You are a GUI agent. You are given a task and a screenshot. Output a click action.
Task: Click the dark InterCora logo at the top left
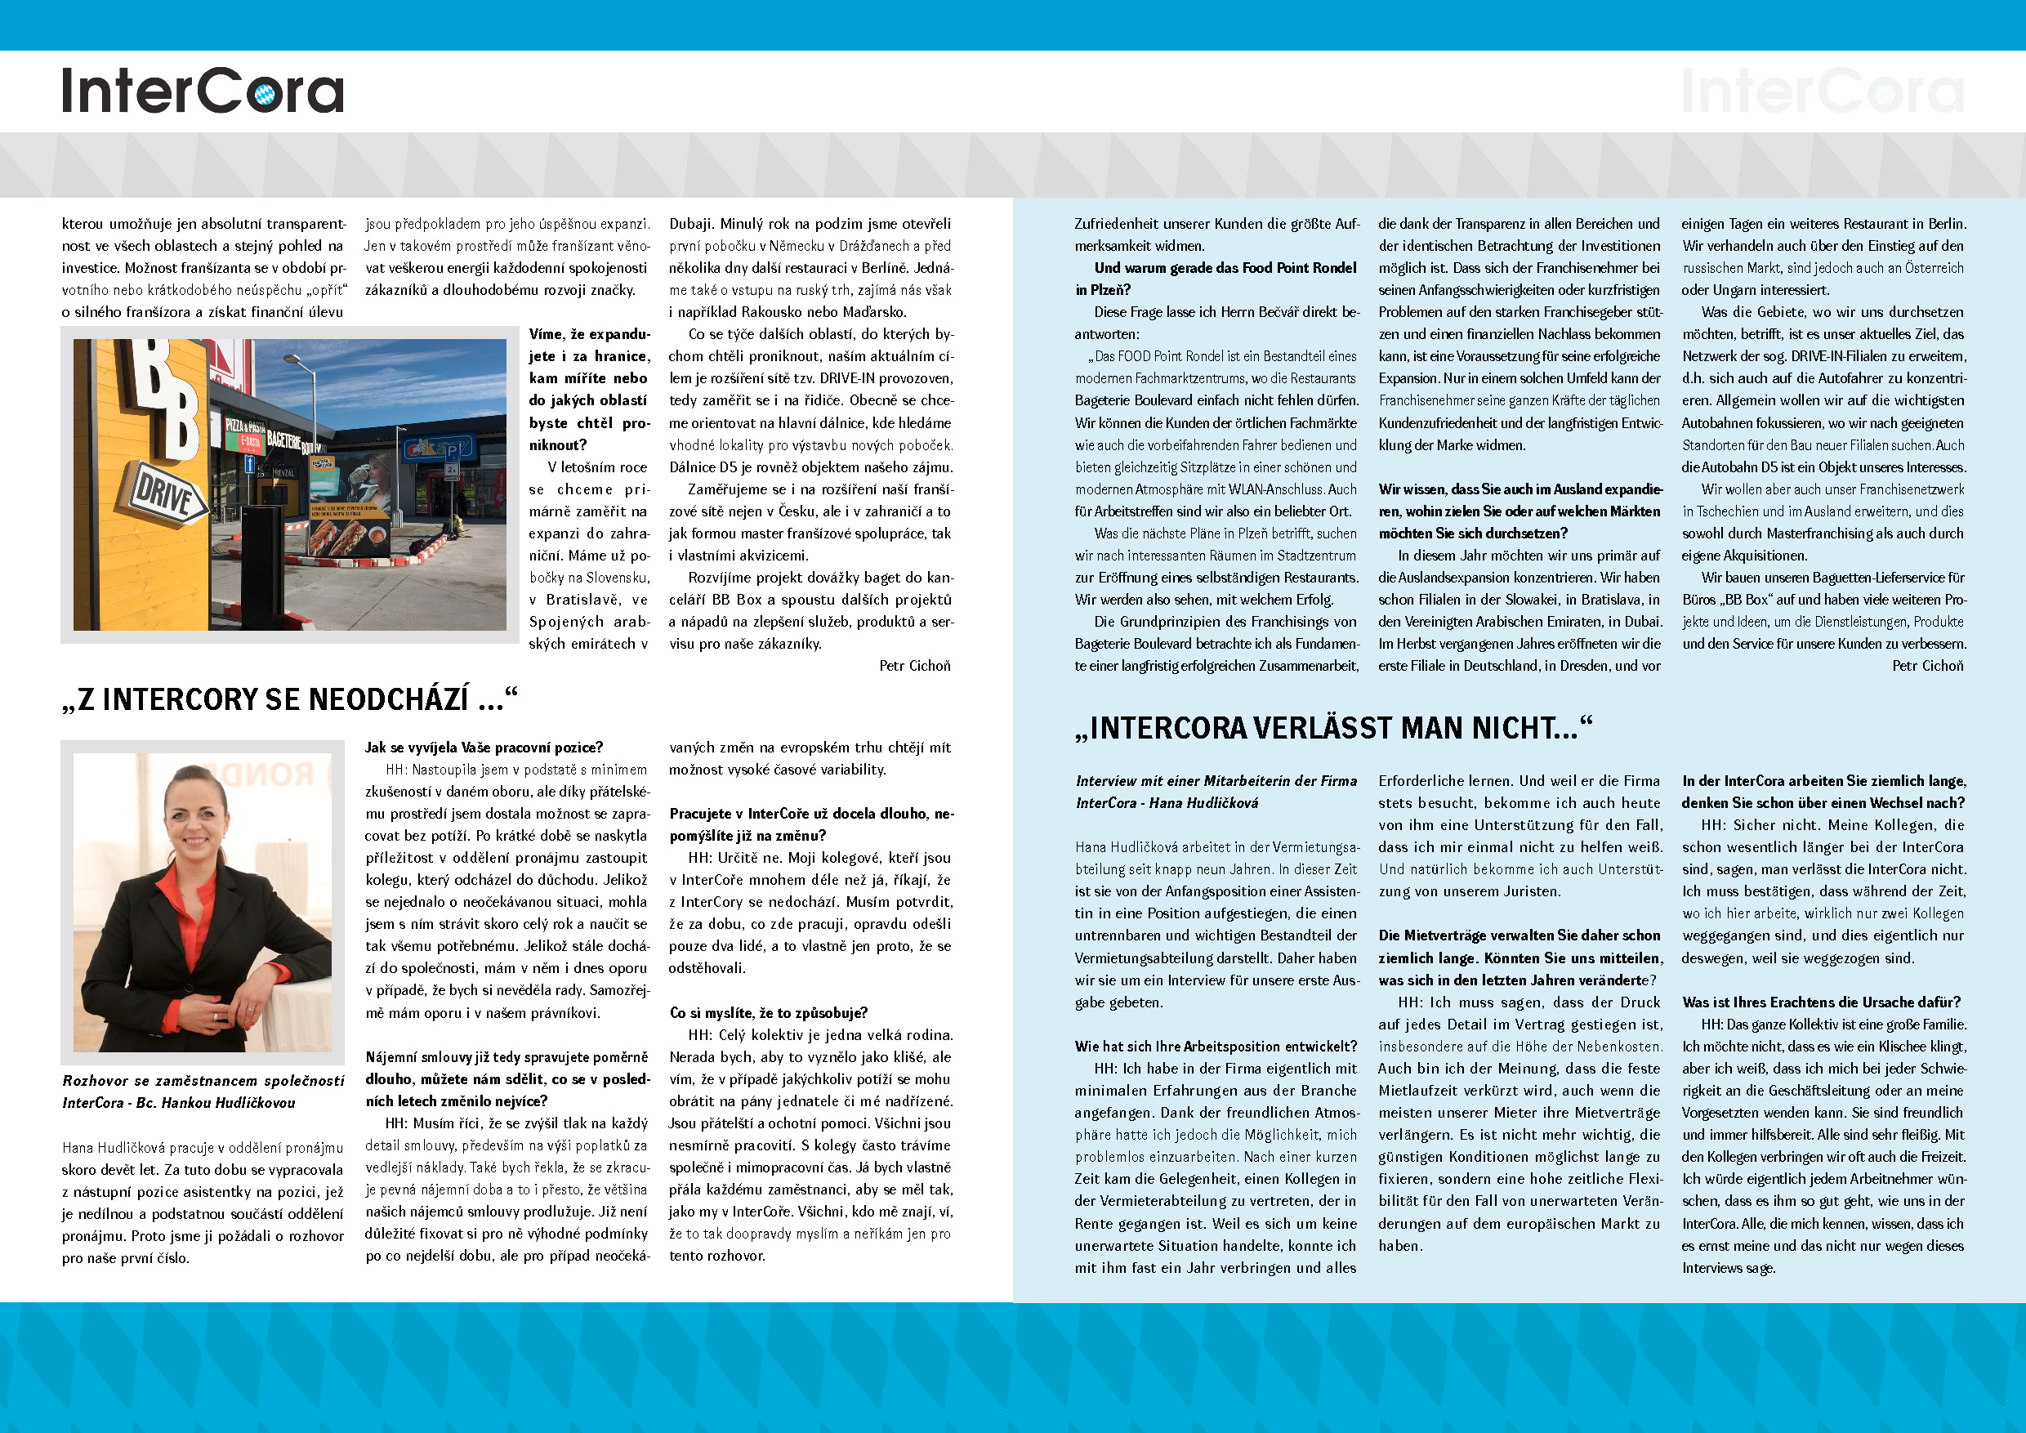202,91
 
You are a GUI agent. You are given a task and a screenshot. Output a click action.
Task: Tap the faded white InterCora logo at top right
1822,91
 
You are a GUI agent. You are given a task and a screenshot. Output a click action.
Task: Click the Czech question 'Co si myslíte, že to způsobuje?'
768,1012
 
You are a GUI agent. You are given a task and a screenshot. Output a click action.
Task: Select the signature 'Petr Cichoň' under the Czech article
914,665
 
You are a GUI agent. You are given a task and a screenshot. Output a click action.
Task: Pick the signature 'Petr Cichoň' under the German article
1927,665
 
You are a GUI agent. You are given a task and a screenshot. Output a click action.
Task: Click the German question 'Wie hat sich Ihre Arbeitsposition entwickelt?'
1215,1047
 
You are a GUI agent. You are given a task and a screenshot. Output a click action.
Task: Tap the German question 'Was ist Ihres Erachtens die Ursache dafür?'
1821,1002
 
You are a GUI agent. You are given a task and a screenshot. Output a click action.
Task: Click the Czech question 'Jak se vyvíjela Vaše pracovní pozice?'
484,748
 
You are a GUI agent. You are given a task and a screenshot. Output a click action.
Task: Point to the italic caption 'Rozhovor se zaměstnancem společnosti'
203,1080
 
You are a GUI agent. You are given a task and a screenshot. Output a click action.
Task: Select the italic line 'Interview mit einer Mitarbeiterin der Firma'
1216,780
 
